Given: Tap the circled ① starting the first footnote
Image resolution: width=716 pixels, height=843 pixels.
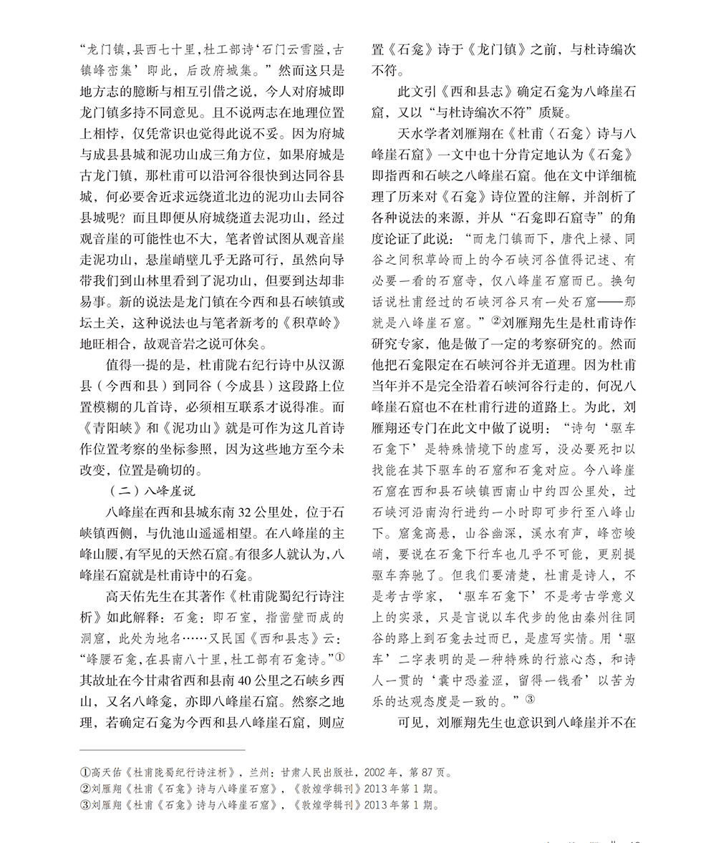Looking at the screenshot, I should pos(84,773).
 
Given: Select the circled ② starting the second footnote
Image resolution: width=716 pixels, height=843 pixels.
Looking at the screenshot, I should pos(84,789).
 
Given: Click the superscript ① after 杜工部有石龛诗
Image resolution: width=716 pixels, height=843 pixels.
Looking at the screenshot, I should pos(340,653).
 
